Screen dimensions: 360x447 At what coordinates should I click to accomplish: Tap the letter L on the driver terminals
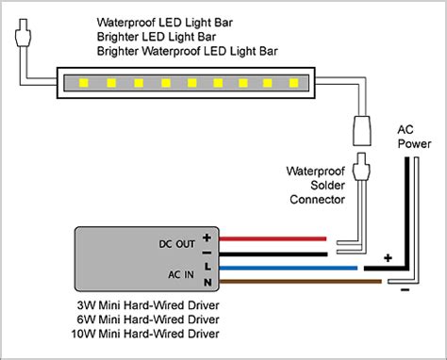click(x=207, y=267)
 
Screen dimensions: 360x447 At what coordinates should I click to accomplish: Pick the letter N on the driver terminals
click(x=207, y=282)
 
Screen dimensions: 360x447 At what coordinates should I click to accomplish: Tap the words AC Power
click(x=411, y=138)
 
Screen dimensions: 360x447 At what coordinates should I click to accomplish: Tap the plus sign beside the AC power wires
click(x=386, y=255)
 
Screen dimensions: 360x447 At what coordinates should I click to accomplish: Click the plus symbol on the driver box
click(x=207, y=237)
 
